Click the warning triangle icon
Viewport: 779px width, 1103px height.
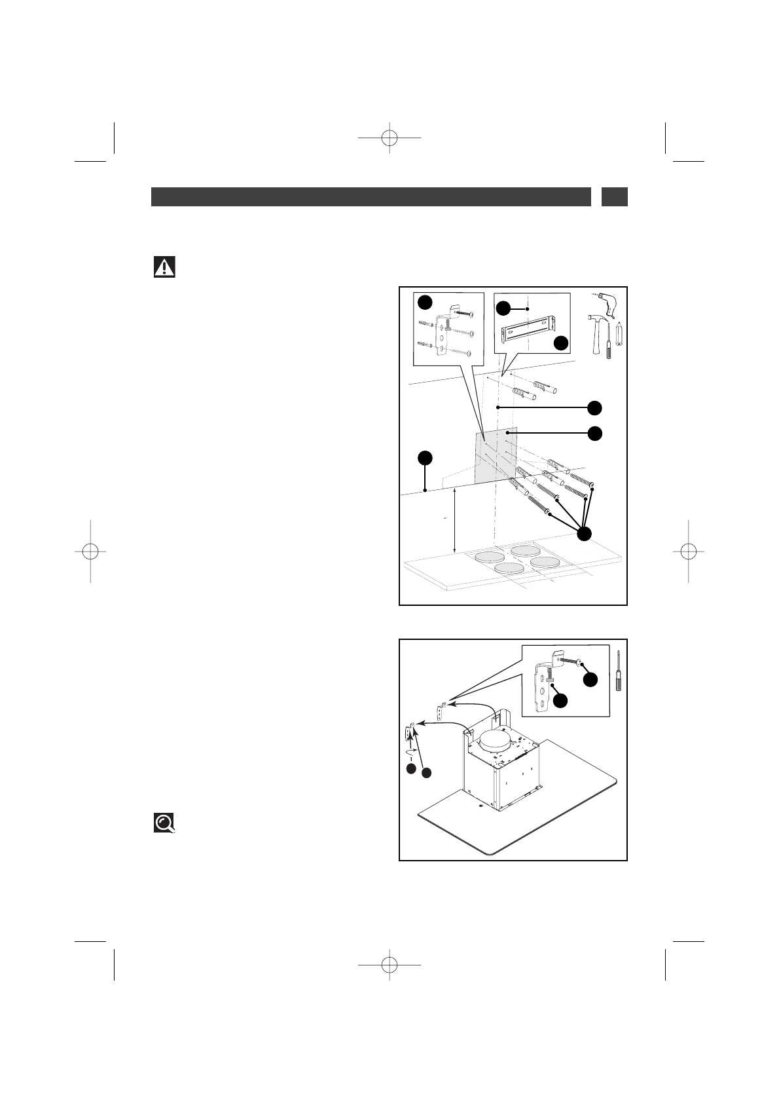(164, 267)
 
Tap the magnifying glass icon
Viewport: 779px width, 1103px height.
(164, 823)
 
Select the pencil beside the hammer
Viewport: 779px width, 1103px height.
(617, 339)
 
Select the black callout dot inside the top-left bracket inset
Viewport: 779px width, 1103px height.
(425, 301)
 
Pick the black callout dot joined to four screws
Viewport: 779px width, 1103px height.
(585, 534)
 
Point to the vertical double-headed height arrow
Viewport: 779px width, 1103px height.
(455, 522)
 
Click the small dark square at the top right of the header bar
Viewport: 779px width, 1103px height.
(614, 196)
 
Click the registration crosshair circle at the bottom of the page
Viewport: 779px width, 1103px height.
(389, 965)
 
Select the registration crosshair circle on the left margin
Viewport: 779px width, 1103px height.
(90, 551)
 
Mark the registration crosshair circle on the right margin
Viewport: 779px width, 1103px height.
(689, 551)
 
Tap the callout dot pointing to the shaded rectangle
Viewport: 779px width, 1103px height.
(594, 433)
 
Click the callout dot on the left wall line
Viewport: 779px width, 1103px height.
(425, 457)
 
